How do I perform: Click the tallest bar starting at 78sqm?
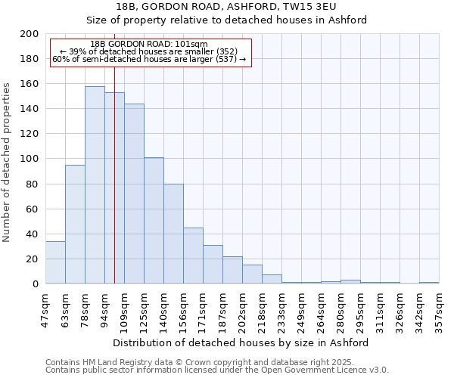click(95, 185)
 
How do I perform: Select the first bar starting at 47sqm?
click(55, 262)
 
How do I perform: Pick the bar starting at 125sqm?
click(154, 221)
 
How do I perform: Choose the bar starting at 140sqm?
click(173, 234)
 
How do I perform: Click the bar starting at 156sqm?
click(193, 256)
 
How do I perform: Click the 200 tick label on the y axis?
click(30, 34)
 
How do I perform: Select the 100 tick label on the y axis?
click(30, 159)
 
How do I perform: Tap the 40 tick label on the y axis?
click(33, 234)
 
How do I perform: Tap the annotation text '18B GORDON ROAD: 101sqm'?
click(148, 45)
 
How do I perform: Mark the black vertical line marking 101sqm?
click(114, 189)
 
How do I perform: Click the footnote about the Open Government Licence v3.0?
click(217, 370)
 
